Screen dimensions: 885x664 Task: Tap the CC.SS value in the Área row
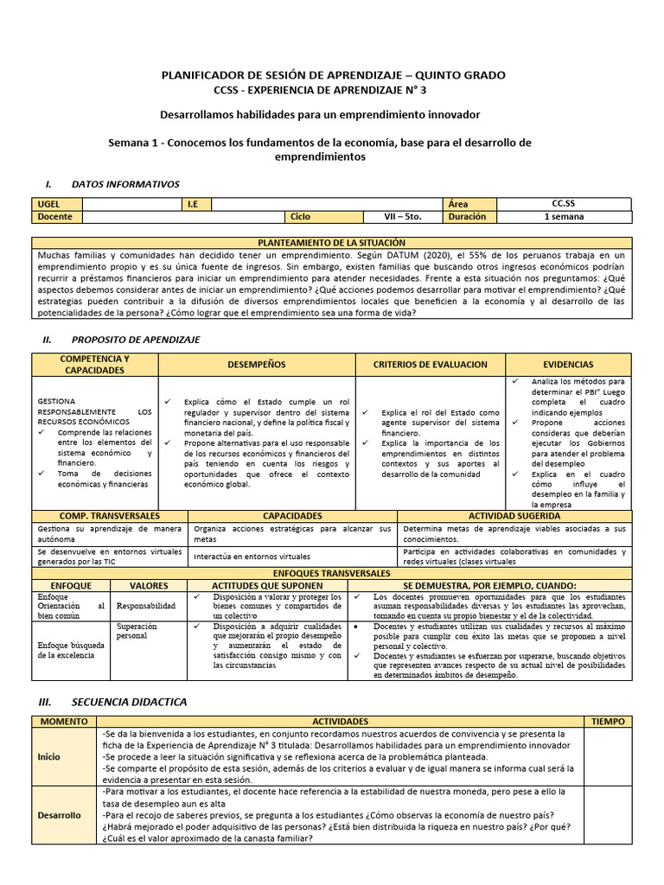click(x=563, y=204)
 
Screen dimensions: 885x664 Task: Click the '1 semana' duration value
click(x=563, y=217)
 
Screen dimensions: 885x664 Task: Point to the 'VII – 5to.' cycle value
click(x=402, y=217)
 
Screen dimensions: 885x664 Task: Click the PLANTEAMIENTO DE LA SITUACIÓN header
click(x=332, y=244)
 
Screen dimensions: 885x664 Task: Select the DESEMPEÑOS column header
click(x=256, y=365)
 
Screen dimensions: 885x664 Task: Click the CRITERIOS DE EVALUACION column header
click(x=430, y=365)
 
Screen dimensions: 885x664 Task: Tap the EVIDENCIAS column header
click(x=568, y=365)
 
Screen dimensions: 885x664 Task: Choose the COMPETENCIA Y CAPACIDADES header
click(x=95, y=365)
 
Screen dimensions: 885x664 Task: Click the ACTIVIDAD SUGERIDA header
click(x=514, y=516)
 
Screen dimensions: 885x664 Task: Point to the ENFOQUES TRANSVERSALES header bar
click(x=332, y=573)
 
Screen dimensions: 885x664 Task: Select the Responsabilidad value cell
click(x=145, y=607)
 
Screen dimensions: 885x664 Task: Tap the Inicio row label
click(x=49, y=756)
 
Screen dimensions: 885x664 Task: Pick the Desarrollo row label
click(x=60, y=815)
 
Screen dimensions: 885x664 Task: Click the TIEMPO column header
click(x=608, y=721)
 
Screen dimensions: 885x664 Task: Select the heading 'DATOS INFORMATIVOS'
click(x=125, y=184)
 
